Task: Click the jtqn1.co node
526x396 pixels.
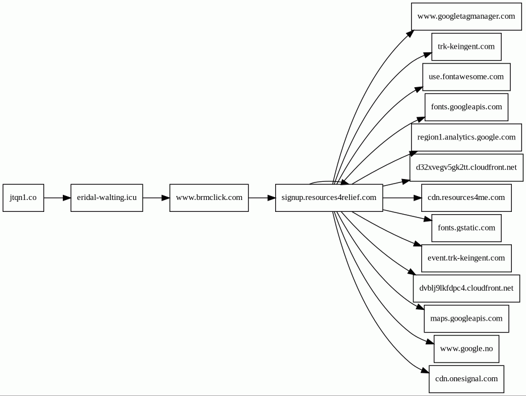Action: [23, 198]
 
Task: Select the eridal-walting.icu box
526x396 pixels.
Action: [106, 198]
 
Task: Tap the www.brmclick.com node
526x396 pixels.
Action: [209, 198]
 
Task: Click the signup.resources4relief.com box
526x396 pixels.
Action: [329, 198]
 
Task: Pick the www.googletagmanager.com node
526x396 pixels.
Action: [467, 16]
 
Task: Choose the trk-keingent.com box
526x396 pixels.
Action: [467, 46]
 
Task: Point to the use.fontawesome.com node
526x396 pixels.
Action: [467, 77]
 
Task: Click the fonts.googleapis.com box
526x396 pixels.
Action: [467, 107]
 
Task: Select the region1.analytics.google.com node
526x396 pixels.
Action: [467, 137]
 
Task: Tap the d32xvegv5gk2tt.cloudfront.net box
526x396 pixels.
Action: [467, 168]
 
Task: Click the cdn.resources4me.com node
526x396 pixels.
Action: [467, 198]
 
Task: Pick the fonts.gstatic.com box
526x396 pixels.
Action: [467, 228]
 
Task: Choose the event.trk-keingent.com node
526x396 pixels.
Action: [467, 258]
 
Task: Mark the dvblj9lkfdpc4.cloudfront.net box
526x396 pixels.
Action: [467, 288]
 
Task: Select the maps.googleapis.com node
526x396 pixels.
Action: [467, 318]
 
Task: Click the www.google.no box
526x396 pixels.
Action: [467, 348]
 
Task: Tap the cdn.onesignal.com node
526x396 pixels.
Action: [467, 379]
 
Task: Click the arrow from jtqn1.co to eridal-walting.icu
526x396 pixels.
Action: [57, 198]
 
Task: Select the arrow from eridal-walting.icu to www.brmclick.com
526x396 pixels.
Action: [156, 198]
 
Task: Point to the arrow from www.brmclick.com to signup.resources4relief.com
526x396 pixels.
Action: [262, 198]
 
